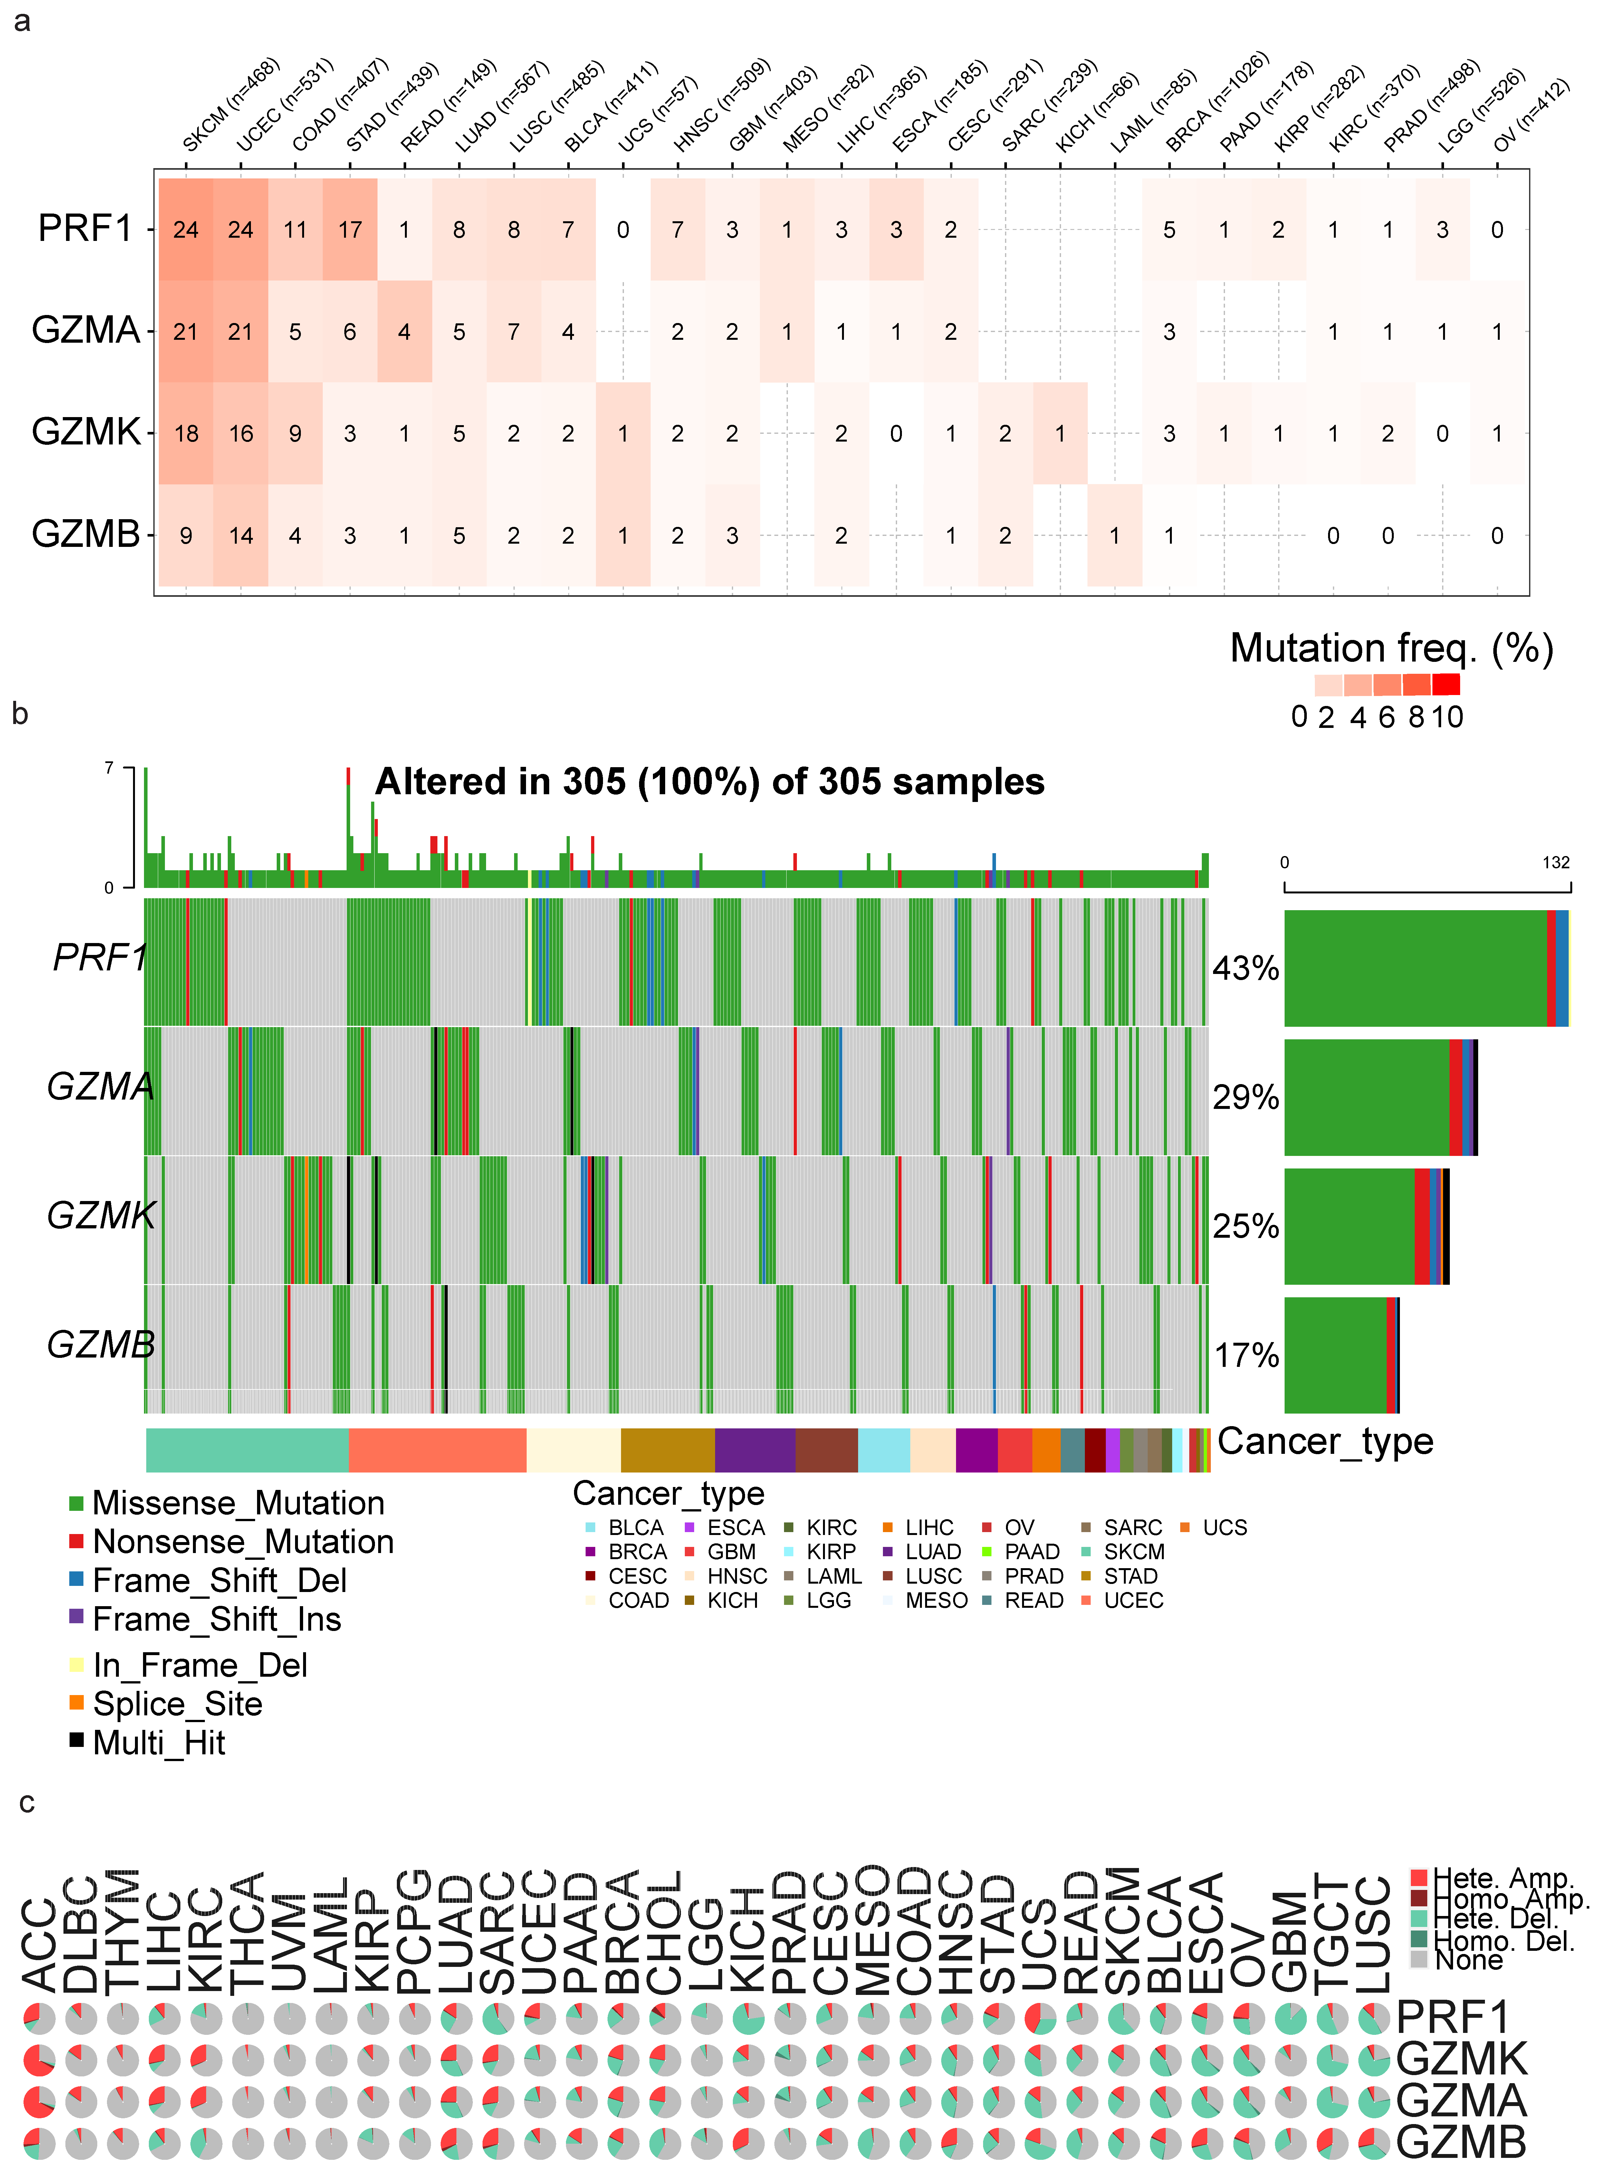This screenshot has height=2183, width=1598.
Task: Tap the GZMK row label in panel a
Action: coord(86,431)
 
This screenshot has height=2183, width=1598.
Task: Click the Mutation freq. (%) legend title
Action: coord(1391,648)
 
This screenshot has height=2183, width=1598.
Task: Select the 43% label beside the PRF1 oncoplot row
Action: coord(1246,968)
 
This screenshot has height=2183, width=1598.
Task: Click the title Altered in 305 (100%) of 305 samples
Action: coord(709,782)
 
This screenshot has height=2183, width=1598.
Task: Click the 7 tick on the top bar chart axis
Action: coord(109,768)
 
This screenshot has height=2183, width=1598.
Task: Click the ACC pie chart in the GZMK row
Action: coord(39,2060)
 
